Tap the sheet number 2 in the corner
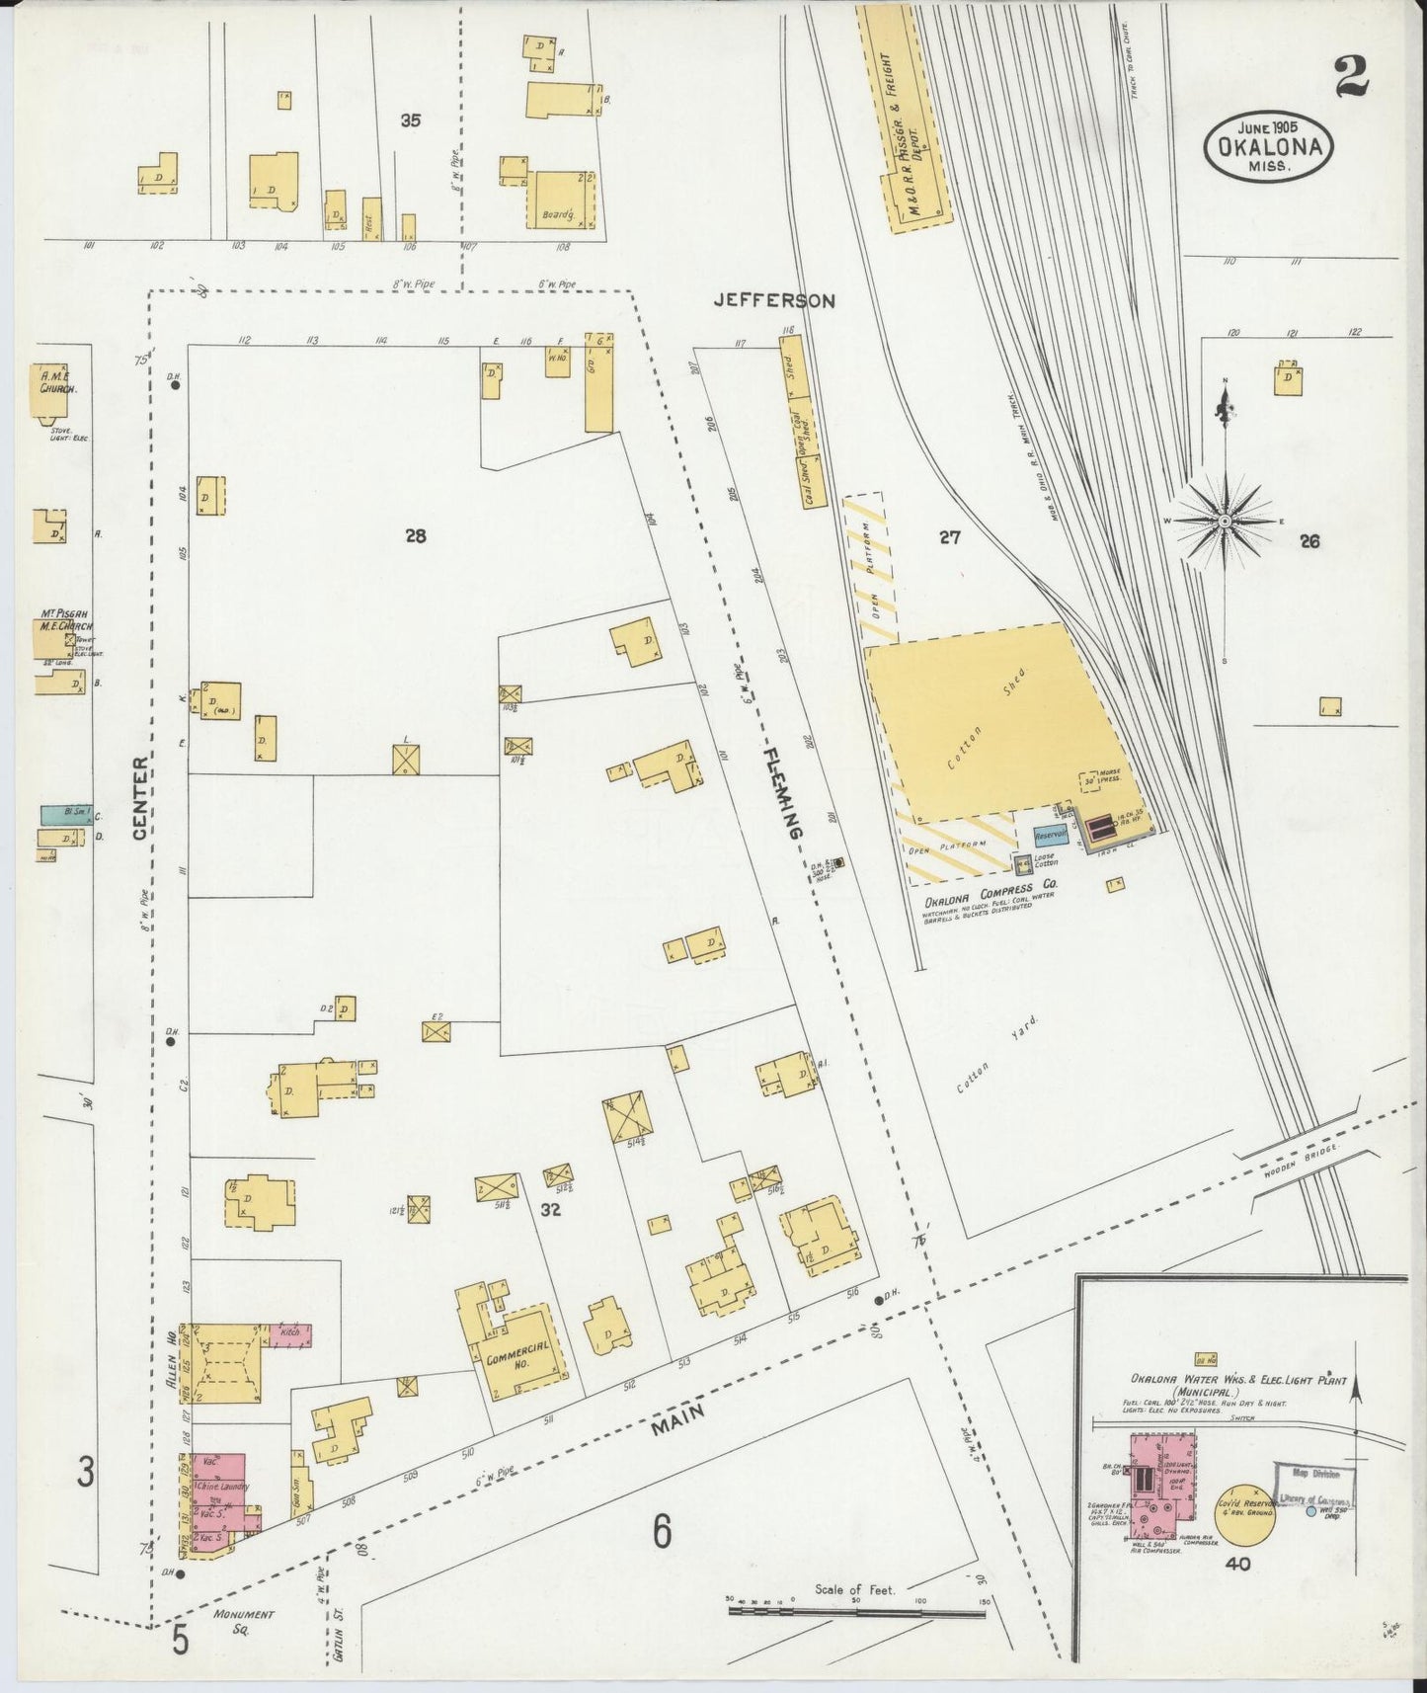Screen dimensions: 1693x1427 [1351, 77]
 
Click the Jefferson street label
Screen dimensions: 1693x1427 [776, 300]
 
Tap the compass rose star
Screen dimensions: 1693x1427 [1225, 521]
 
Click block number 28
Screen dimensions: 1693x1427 [415, 536]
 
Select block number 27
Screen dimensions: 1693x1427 [949, 537]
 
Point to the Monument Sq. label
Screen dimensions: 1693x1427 [243, 1621]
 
